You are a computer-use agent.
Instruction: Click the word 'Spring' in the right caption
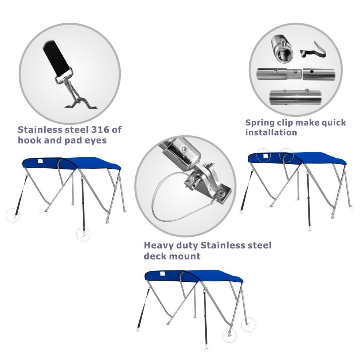(x=260, y=123)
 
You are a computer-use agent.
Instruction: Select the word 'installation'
(x=271, y=132)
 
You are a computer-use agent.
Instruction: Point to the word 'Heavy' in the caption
(x=158, y=245)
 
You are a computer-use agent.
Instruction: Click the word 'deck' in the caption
(x=155, y=256)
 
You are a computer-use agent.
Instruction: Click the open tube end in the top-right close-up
(x=285, y=55)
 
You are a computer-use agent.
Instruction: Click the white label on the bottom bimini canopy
(x=162, y=273)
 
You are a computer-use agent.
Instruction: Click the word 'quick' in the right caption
(x=334, y=123)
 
